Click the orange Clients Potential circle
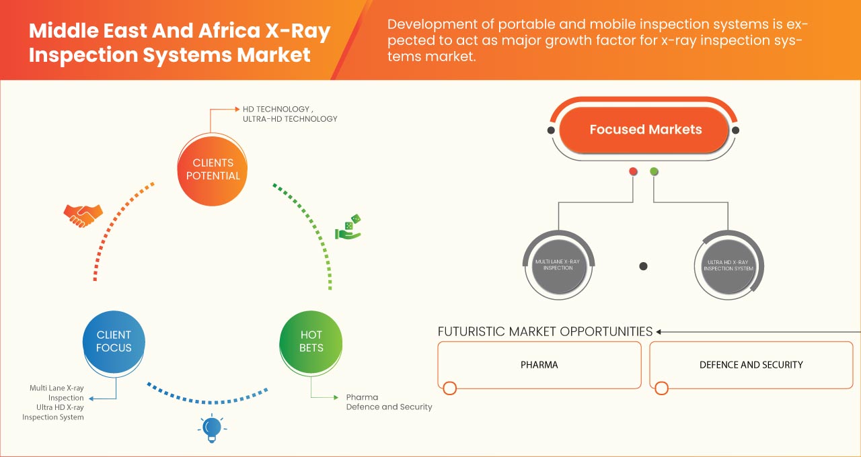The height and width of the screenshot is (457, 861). pyautogui.click(x=212, y=169)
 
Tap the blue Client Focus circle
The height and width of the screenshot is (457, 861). pyautogui.click(x=114, y=341)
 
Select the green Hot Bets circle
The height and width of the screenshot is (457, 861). pyautogui.click(x=311, y=341)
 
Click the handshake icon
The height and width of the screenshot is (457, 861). pyautogui.click(x=83, y=215)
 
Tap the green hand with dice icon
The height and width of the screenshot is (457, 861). pyautogui.click(x=348, y=228)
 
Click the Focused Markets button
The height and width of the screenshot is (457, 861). pyautogui.click(x=645, y=130)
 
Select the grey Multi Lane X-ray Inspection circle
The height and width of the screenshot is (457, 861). pyautogui.click(x=558, y=264)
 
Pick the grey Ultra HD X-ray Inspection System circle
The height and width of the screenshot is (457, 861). pyautogui.click(x=728, y=265)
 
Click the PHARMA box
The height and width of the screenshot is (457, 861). pyautogui.click(x=539, y=365)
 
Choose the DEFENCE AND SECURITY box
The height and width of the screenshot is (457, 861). pyautogui.click(x=751, y=365)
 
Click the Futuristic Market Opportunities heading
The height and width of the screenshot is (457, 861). pyautogui.click(x=545, y=331)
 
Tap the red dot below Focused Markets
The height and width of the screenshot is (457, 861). pyautogui.click(x=633, y=171)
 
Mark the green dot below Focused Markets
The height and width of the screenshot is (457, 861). pyautogui.click(x=654, y=171)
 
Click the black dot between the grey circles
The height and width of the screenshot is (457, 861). pyautogui.click(x=643, y=266)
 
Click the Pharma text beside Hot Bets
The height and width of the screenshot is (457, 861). pyautogui.click(x=362, y=397)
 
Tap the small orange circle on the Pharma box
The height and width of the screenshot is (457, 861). pyautogui.click(x=450, y=388)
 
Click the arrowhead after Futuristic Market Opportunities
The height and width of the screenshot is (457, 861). pyautogui.click(x=659, y=331)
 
